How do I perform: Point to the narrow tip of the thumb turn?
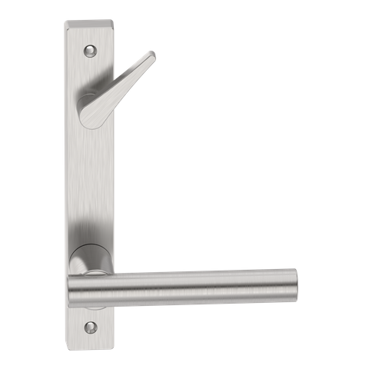pyautogui.click(x=153, y=55)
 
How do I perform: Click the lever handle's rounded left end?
pyautogui.click(x=75, y=291)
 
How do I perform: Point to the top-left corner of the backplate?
pyautogui.click(x=65, y=23)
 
